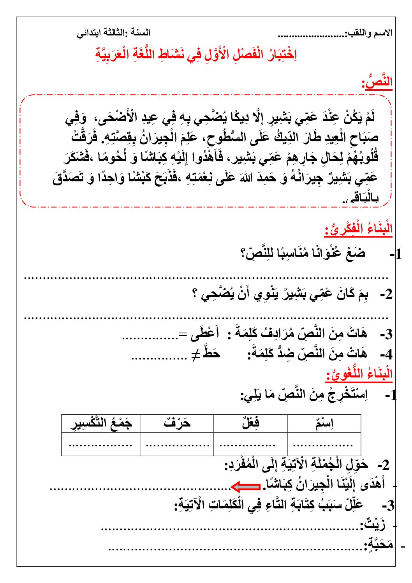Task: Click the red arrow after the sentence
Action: coord(246,486)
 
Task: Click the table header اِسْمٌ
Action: coord(324,423)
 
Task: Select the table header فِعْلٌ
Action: coord(251,423)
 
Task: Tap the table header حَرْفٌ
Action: coord(177,423)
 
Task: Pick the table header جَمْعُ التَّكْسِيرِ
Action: coord(101,423)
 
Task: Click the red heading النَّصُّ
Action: coord(377,83)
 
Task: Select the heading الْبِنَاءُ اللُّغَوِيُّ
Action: coord(359,374)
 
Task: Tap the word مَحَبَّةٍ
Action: coord(379,544)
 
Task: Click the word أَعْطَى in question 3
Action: coord(205,334)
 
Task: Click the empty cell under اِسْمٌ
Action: coord(324,444)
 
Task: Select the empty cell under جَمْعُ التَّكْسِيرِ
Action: coord(101,444)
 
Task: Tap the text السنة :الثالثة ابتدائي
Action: coord(113,33)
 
